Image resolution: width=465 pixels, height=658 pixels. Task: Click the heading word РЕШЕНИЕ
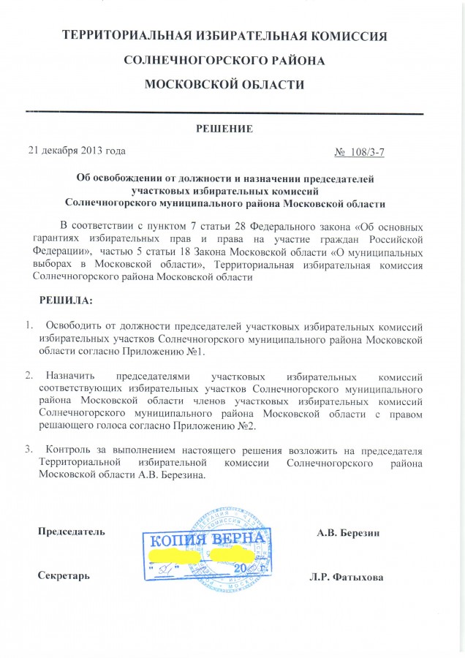point(224,129)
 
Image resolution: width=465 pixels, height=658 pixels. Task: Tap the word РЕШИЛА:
point(66,300)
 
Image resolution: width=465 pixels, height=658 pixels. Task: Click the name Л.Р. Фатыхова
point(347,578)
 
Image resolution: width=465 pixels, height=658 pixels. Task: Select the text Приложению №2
point(217,426)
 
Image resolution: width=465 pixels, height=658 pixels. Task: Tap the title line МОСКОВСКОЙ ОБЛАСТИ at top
point(224,85)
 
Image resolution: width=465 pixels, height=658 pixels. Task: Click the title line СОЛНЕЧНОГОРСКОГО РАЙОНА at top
point(224,61)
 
